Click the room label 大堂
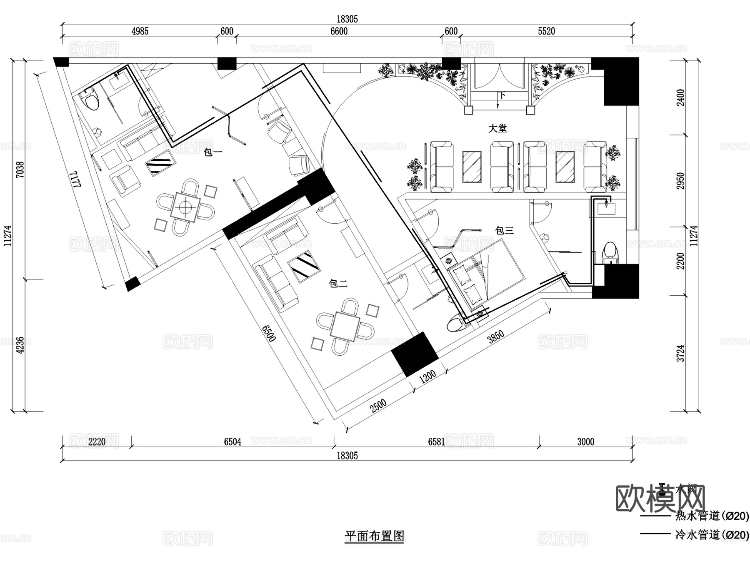pos(497,128)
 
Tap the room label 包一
pos(212,152)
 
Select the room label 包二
pos(338,284)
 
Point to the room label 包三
pos(504,230)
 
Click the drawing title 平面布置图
pos(375,536)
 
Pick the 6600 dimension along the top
pos(338,31)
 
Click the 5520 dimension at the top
pos(546,31)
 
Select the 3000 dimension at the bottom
pos(585,442)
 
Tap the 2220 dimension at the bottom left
pos(97,442)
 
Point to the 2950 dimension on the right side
pos(680,181)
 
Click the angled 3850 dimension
pos(496,337)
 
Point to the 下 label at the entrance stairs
pos(502,95)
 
